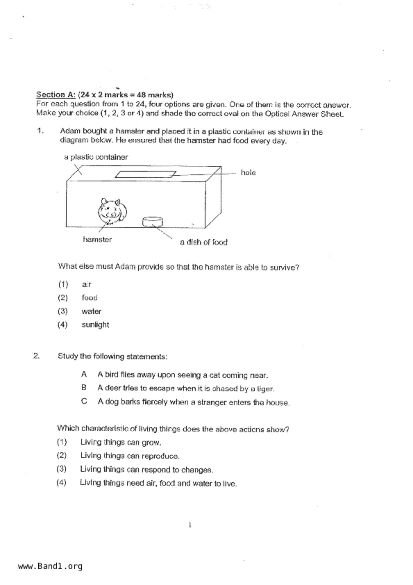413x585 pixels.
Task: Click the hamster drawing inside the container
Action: tap(112, 211)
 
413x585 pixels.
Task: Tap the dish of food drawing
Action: tap(153, 221)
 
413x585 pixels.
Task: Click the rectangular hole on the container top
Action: tap(145, 174)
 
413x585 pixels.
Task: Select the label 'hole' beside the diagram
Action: tap(248, 173)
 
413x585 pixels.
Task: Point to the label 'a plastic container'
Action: tap(96, 157)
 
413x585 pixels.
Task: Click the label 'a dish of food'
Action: tap(203, 242)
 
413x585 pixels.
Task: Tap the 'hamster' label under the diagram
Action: tap(97, 239)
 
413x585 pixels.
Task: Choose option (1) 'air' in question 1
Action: tap(86, 284)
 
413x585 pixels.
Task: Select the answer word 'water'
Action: tap(91, 312)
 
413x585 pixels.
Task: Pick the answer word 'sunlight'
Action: tap(95, 325)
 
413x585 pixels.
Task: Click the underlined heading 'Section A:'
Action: tap(56, 95)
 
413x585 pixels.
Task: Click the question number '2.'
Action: tap(36, 356)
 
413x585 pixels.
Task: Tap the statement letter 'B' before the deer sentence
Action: tap(84, 388)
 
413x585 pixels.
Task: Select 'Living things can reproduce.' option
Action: tap(130, 456)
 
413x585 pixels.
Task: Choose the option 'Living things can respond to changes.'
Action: tap(146, 470)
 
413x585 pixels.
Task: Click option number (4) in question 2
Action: tap(61, 483)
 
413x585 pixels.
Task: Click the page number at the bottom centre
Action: tap(190, 525)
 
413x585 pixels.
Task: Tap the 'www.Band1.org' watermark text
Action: tap(50, 566)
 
